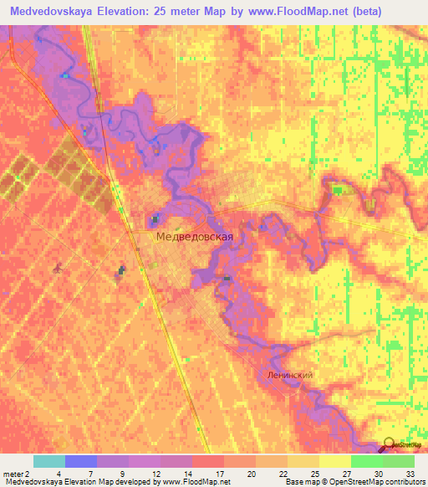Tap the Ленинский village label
click(x=291, y=376)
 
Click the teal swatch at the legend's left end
click(x=49, y=461)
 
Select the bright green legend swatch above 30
click(x=366, y=461)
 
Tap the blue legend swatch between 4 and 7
click(x=81, y=461)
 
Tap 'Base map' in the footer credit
click(x=300, y=482)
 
